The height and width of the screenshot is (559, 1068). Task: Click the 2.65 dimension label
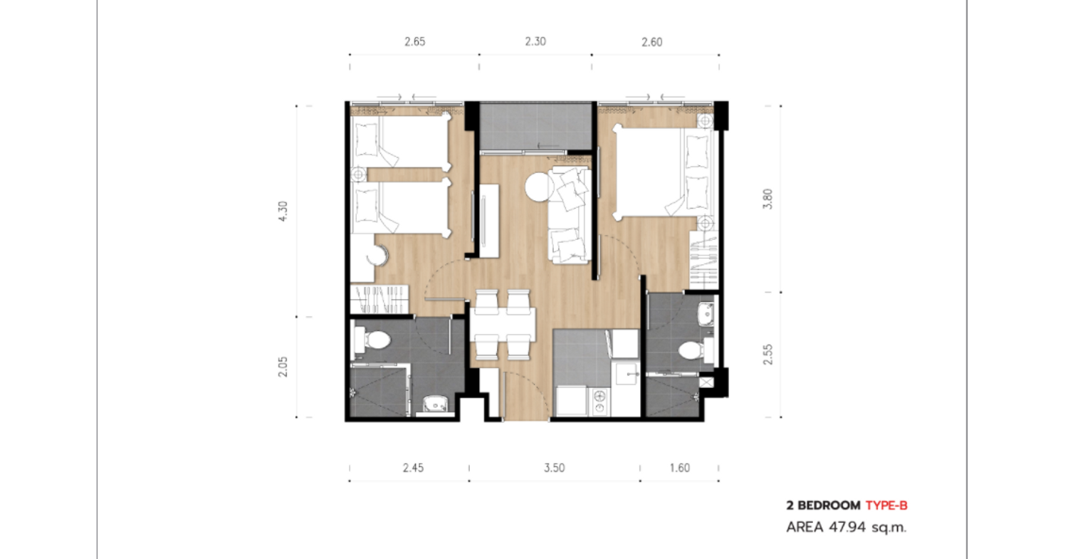point(415,42)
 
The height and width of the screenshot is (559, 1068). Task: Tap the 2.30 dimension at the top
point(535,41)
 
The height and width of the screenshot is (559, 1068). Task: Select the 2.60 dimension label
point(651,42)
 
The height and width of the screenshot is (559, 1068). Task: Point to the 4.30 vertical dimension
point(283,211)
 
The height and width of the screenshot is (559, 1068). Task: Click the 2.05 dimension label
point(283,367)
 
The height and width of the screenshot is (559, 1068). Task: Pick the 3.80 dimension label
point(768,199)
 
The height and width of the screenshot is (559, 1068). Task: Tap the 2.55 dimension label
point(768,355)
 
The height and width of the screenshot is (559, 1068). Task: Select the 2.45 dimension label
point(413,468)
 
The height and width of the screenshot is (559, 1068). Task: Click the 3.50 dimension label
point(555,468)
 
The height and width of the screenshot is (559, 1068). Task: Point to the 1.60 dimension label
point(680,468)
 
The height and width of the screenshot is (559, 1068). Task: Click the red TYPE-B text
point(886,506)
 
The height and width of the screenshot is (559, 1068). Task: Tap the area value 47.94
point(847,527)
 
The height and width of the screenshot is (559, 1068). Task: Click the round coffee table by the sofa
point(540,187)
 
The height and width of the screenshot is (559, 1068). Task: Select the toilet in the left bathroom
point(373,340)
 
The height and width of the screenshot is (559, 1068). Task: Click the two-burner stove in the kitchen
point(599,402)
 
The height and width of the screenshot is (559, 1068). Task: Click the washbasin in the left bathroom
point(435,404)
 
